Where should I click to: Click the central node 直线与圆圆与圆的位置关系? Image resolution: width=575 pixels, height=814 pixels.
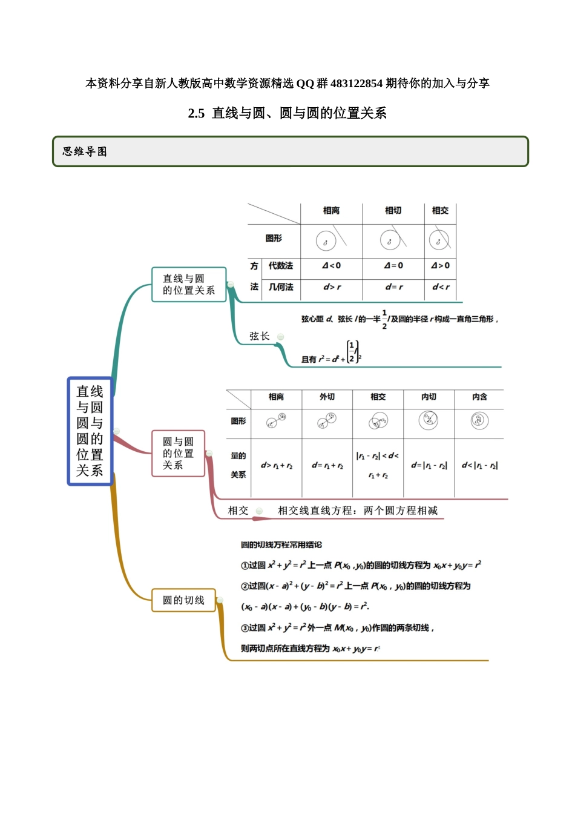[x=90, y=431]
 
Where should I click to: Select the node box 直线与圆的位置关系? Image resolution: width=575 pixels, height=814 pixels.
[x=188, y=285]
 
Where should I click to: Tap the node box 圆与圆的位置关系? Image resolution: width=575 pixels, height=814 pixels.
[x=178, y=454]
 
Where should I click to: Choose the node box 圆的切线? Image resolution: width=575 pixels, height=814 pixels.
[x=183, y=600]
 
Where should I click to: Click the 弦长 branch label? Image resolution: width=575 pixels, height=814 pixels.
[x=259, y=336]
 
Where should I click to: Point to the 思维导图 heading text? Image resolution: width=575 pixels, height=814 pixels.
[x=85, y=151]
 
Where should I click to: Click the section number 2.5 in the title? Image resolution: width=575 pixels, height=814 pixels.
[x=196, y=113]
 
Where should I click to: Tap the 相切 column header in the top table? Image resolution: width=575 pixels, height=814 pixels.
[x=393, y=210]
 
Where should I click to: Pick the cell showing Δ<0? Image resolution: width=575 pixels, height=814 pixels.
[x=331, y=265]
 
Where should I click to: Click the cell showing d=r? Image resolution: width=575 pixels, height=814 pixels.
[x=393, y=287]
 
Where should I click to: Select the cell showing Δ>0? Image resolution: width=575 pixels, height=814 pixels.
[x=440, y=265]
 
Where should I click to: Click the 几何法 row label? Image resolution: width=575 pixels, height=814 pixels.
[x=281, y=287]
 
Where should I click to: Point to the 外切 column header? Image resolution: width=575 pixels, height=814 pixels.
[x=327, y=397]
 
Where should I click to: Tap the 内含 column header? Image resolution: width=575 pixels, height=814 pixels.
[x=479, y=397]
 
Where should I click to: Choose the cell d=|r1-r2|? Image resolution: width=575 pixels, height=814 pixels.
[x=429, y=465]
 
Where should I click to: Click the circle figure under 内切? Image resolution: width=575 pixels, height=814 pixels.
[x=429, y=420]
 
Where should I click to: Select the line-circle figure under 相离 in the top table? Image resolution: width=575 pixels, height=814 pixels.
[x=330, y=240]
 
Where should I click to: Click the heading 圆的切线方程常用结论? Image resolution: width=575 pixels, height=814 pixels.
[x=281, y=545]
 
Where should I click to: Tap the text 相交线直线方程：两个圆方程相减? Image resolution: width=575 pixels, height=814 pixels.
[x=357, y=511]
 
